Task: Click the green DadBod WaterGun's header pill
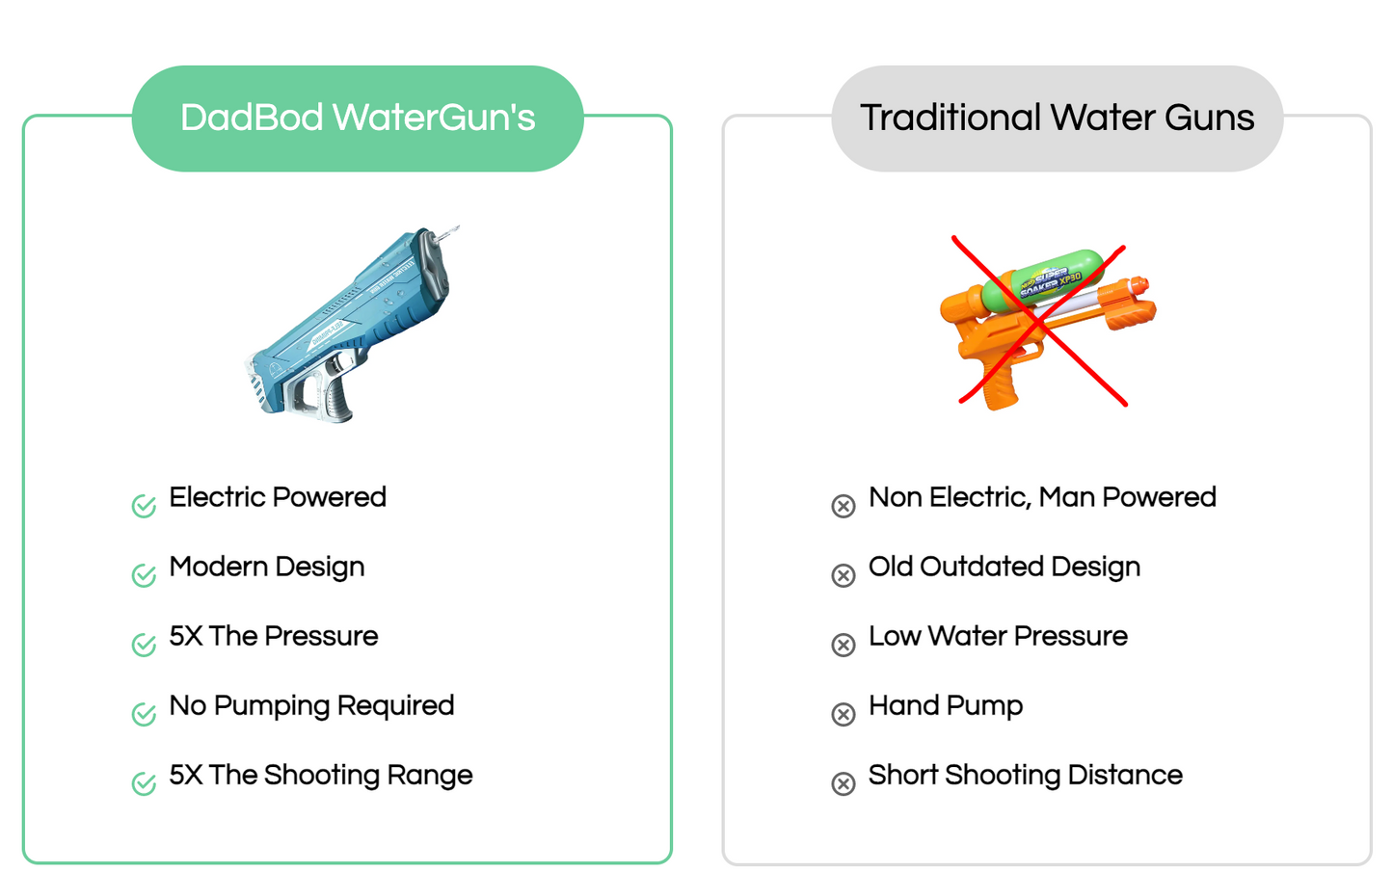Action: tap(358, 119)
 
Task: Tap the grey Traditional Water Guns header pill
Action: tap(1057, 119)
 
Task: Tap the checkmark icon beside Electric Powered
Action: tap(144, 505)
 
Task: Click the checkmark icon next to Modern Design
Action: tap(144, 574)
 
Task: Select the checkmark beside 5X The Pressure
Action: tap(144, 644)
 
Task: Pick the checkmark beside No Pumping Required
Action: tap(144, 713)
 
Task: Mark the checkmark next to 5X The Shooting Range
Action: tap(144, 782)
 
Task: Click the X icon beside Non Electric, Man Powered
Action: tap(844, 506)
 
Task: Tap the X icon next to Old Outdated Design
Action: tap(844, 575)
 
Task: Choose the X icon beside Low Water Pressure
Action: tap(844, 645)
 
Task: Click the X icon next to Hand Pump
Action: tap(844, 714)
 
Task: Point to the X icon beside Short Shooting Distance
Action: tap(844, 783)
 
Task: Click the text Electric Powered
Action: tap(278, 497)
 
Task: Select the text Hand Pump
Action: tap(946, 706)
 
